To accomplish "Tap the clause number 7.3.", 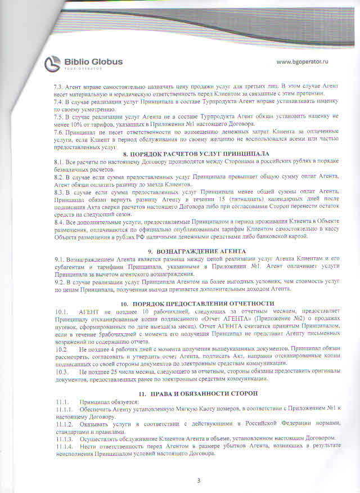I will [x=58, y=86].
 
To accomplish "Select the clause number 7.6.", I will [x=58, y=130].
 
